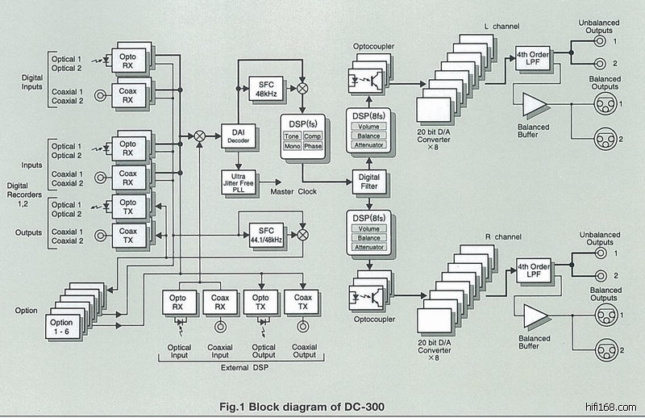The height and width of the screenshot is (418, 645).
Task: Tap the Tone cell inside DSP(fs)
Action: [291, 136]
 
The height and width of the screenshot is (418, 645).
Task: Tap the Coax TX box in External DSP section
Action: [302, 302]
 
